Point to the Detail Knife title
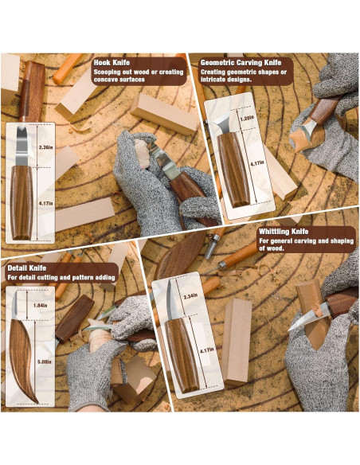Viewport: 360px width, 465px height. pos(28,268)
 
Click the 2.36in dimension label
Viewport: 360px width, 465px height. pos(46,147)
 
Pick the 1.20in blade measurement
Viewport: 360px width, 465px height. pos(246,118)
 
